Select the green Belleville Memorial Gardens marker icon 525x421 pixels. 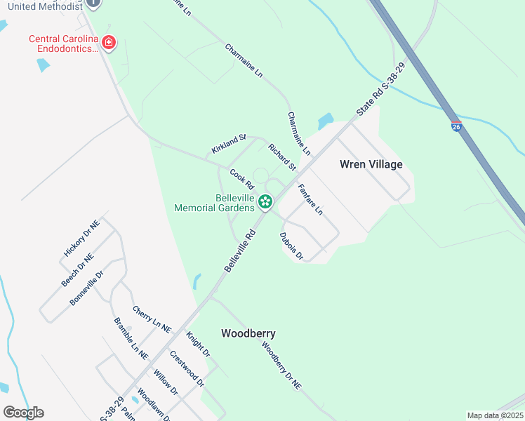265,202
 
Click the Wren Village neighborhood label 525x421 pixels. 371,164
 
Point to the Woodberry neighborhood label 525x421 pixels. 248,333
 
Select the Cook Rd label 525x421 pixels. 241,178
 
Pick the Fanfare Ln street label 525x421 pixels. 310,199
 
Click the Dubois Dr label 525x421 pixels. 291,246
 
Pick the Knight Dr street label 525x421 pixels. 198,345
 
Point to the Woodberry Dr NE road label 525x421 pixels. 281,365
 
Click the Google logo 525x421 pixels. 23,413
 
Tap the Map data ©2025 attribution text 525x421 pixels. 494,415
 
